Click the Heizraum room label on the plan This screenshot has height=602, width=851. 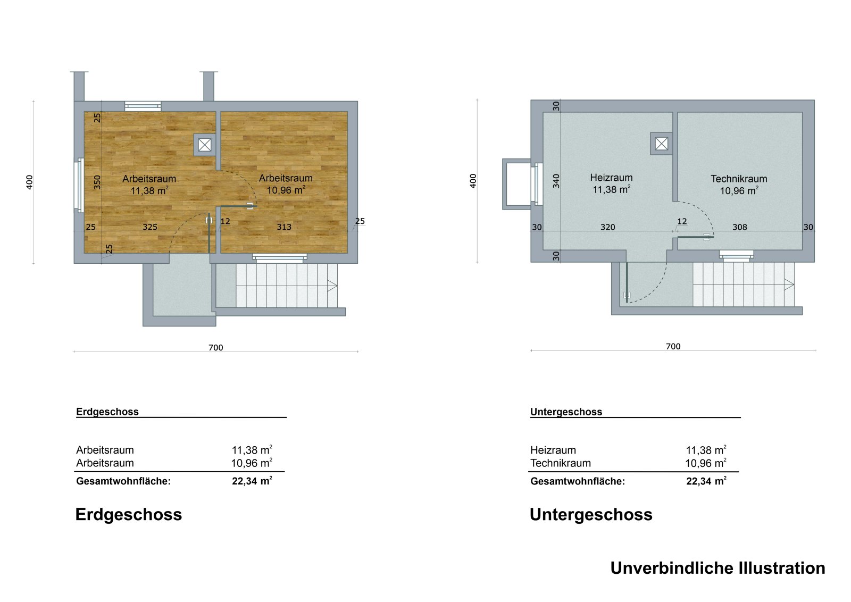(611, 178)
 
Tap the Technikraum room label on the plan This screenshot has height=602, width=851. (738, 179)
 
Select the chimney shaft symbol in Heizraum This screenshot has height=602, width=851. (661, 144)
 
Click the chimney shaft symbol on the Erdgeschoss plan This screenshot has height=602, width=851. (205, 145)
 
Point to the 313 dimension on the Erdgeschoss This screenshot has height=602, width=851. (284, 227)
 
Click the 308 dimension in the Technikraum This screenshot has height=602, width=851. (739, 227)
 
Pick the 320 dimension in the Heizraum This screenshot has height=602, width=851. (607, 227)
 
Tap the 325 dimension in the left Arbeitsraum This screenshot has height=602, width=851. (150, 227)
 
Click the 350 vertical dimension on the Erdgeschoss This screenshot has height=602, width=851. (97, 182)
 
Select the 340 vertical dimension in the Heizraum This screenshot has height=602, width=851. (556, 181)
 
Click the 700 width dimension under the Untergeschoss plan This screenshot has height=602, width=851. (673, 347)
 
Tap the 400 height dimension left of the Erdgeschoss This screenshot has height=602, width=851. (30, 182)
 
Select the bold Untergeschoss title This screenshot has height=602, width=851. (590, 515)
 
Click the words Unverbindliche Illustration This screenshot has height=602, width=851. (717, 568)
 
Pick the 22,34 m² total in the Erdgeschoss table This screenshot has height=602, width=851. (252, 481)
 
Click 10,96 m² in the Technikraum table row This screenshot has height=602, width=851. (705, 463)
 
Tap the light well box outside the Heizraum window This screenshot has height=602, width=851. (518, 184)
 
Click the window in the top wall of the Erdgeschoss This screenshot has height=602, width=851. (143, 106)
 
